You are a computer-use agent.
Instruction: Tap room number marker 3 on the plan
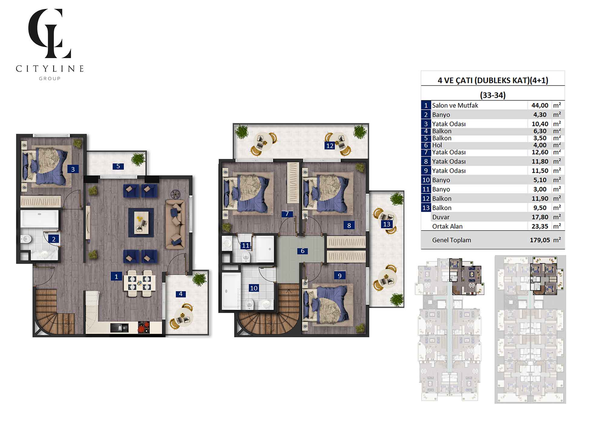[73, 169]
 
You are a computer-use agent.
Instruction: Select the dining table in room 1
[139, 283]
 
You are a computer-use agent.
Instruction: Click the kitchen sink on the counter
[119, 328]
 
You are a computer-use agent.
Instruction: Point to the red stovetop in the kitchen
[144, 327]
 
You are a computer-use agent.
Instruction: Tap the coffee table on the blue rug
[141, 223]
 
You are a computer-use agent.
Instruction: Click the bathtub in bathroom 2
[40, 219]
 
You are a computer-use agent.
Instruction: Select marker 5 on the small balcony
[118, 166]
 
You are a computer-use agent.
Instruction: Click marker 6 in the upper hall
[302, 251]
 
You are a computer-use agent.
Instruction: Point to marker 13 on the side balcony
[387, 224]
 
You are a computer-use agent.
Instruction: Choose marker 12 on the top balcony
[330, 146]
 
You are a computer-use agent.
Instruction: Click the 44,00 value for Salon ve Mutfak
[540, 105]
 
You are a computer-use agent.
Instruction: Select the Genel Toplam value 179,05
[539, 240]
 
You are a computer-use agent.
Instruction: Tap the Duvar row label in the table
[441, 217]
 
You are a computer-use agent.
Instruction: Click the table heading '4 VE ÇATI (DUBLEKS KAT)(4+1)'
[493, 80]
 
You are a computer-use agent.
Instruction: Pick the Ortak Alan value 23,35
[540, 226]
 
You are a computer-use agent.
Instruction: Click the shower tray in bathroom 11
[265, 249]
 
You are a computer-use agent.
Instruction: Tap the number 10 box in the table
[426, 180]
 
